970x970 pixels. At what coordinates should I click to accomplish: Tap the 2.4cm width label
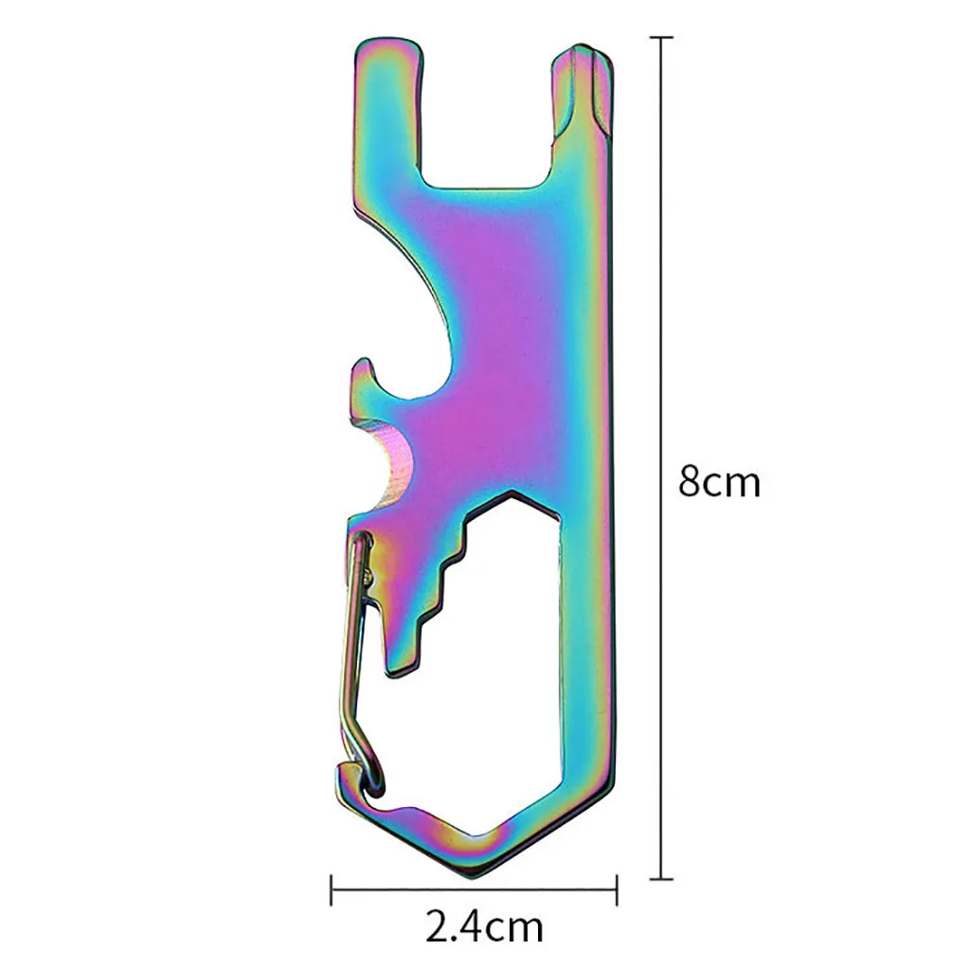tap(484, 926)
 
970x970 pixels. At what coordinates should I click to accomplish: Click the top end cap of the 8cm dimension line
tap(661, 38)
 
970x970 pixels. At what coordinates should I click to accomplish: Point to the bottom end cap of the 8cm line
tap(661, 878)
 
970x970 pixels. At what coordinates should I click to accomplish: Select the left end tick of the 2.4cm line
tap(332, 889)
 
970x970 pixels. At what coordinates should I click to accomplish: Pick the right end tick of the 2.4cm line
tap(617, 889)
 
